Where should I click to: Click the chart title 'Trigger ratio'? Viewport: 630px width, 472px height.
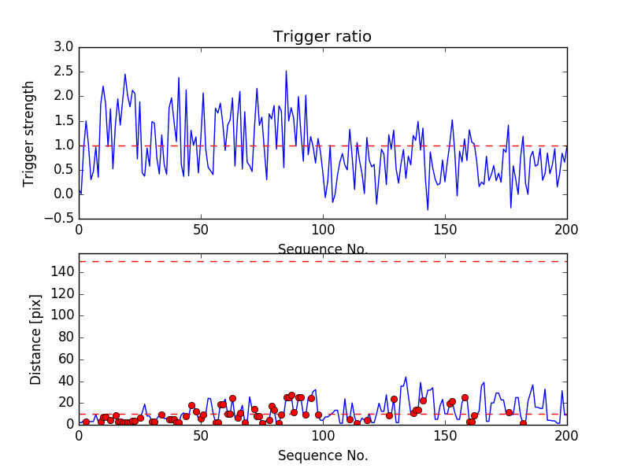(x=322, y=37)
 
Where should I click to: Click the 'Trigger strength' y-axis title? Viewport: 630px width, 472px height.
(x=30, y=133)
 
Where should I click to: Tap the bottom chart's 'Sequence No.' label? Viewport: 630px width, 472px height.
(x=323, y=455)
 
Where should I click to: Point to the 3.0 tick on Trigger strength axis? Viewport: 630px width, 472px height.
(x=63, y=47)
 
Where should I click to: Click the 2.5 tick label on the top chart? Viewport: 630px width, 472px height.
(x=63, y=72)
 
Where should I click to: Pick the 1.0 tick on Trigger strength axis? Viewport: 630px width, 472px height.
(x=63, y=146)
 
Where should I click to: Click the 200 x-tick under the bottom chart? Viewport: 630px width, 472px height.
(x=566, y=436)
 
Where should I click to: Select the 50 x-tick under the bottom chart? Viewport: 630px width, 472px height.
(x=201, y=436)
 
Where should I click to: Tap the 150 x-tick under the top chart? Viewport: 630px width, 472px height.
(x=445, y=230)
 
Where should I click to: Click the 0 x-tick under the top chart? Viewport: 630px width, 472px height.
(x=79, y=230)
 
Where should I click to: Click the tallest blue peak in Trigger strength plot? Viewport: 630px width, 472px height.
(x=286, y=71)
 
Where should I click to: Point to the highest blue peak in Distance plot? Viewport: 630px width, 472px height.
(x=406, y=377)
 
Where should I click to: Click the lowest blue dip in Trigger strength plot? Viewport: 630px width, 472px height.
(x=428, y=209)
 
